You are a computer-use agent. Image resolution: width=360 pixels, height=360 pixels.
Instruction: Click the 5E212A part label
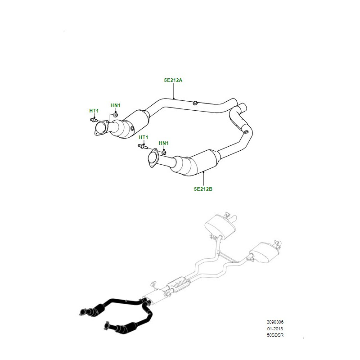click(173, 80)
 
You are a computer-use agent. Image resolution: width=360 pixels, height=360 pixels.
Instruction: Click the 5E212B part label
click(203, 189)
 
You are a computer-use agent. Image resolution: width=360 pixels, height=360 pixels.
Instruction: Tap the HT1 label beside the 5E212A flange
click(94, 111)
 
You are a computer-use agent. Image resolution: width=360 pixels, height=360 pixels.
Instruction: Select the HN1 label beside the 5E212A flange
click(116, 105)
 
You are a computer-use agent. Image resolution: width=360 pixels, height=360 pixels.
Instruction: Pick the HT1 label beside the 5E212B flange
click(144, 137)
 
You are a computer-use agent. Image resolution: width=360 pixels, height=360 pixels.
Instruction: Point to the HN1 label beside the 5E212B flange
click(164, 143)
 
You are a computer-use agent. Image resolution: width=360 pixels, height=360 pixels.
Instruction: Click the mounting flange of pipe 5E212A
click(101, 128)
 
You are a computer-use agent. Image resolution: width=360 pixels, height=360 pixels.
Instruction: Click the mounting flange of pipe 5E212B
click(153, 158)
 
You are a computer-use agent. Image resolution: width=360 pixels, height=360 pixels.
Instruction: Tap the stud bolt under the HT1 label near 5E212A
click(93, 120)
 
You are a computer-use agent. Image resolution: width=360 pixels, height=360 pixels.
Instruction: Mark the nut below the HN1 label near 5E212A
click(115, 114)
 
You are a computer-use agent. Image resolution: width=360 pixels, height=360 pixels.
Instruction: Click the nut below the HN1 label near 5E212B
click(164, 152)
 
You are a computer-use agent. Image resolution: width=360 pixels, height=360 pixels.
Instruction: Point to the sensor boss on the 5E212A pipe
click(195, 103)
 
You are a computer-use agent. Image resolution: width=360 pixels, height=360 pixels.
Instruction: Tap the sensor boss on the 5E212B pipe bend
click(245, 132)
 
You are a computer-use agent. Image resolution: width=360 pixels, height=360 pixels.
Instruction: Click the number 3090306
click(275, 322)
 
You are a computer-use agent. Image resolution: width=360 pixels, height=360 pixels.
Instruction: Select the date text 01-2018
click(275, 329)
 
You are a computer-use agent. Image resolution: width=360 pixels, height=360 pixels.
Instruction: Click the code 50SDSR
click(275, 335)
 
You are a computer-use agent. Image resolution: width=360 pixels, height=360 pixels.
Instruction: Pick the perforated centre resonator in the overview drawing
click(179, 285)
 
